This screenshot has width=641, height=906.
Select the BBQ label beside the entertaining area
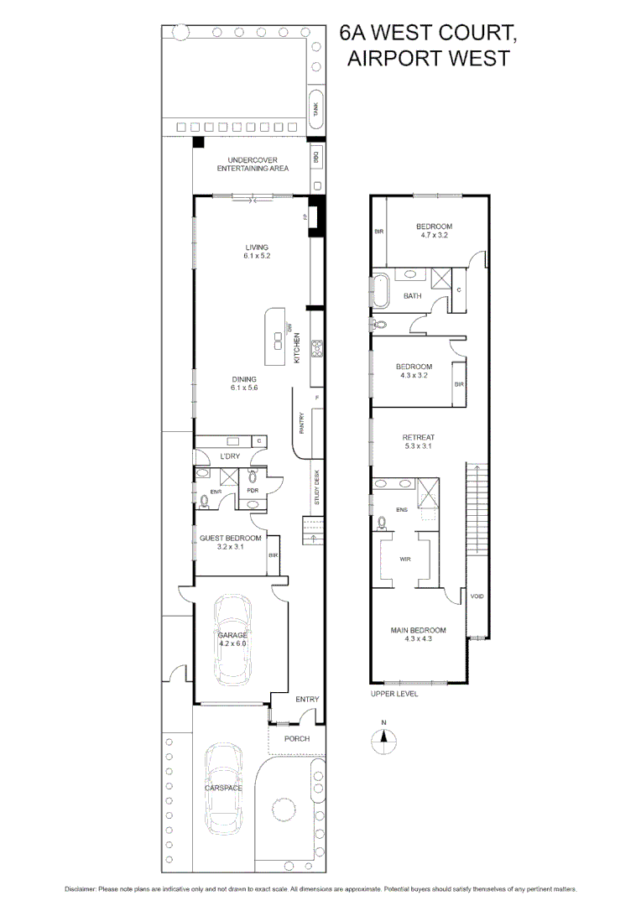(316, 156)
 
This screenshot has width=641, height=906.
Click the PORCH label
(296, 738)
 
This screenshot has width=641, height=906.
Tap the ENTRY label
(307, 699)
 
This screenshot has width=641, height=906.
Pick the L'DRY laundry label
(230, 456)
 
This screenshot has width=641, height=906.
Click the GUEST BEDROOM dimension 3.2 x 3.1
(230, 548)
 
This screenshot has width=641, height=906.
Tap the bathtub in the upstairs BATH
(383, 291)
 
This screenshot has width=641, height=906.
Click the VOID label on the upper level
(477, 596)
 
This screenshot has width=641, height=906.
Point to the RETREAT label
(418, 437)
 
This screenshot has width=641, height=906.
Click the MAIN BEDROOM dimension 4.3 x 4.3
(417, 640)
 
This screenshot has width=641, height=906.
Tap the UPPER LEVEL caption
(394, 694)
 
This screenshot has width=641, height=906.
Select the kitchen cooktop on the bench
(317, 348)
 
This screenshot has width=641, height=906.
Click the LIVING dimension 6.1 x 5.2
(257, 256)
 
